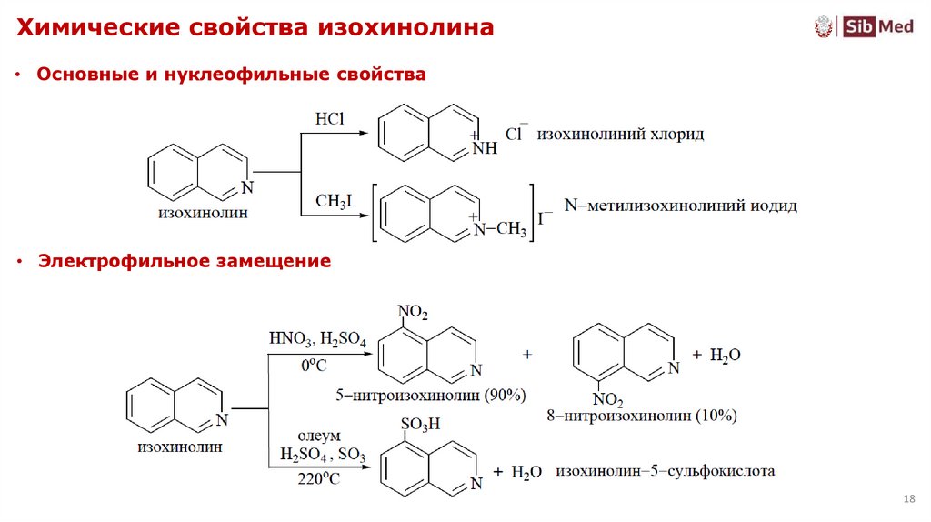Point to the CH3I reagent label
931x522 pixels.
pyautogui.click(x=332, y=201)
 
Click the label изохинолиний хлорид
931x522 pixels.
pyautogui.click(x=620, y=134)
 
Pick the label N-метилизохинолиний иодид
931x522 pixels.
pyautogui.click(x=680, y=206)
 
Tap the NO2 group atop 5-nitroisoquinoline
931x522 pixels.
pyautogui.click(x=413, y=313)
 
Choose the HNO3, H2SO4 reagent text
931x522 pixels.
pyautogui.click(x=317, y=341)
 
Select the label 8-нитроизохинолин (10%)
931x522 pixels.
pyautogui.click(x=642, y=416)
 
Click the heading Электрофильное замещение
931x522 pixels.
pyautogui.click(x=184, y=262)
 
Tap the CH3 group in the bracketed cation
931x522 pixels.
pyautogui.click(x=511, y=229)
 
